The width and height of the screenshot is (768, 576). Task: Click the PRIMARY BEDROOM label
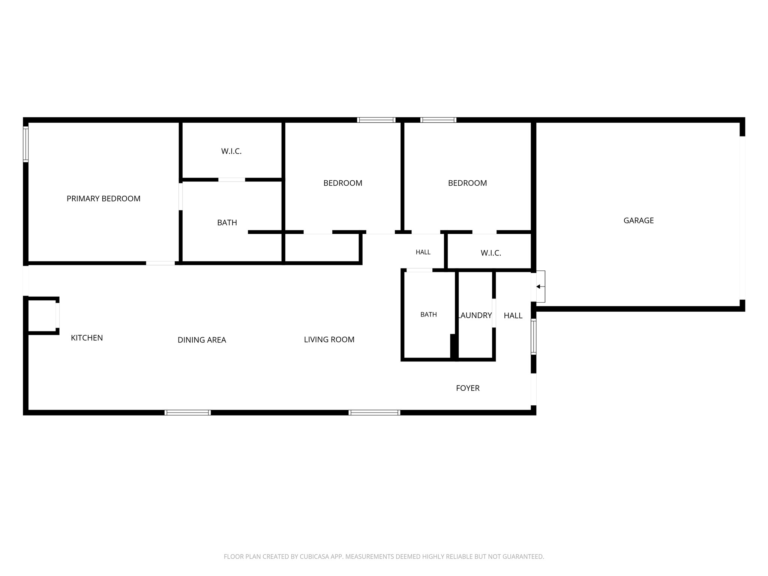(x=103, y=199)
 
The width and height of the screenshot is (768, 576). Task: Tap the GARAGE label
(x=639, y=220)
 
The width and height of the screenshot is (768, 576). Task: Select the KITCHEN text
(x=87, y=338)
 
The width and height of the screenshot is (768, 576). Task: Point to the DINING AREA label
(x=202, y=340)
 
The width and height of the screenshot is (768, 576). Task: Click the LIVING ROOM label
(x=329, y=339)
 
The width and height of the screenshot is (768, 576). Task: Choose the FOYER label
(x=468, y=388)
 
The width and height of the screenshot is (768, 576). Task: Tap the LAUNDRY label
(x=475, y=315)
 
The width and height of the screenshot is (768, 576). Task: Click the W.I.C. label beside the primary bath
(x=231, y=151)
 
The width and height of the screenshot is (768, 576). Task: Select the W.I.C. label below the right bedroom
(x=491, y=253)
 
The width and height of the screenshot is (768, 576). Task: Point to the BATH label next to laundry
(x=429, y=315)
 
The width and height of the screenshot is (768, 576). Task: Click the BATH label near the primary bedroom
(x=227, y=223)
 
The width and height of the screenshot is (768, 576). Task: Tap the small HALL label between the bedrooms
(x=423, y=252)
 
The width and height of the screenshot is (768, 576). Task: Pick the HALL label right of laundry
(x=513, y=316)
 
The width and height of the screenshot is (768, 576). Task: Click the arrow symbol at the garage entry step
(x=538, y=286)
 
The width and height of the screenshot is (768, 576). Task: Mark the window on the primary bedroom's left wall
(x=25, y=144)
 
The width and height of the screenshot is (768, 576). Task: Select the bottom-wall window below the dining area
(x=187, y=412)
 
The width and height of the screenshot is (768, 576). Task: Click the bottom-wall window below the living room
(x=374, y=412)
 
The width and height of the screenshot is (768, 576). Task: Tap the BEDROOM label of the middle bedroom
(x=343, y=183)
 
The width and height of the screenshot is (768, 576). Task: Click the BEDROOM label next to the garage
(x=467, y=183)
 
